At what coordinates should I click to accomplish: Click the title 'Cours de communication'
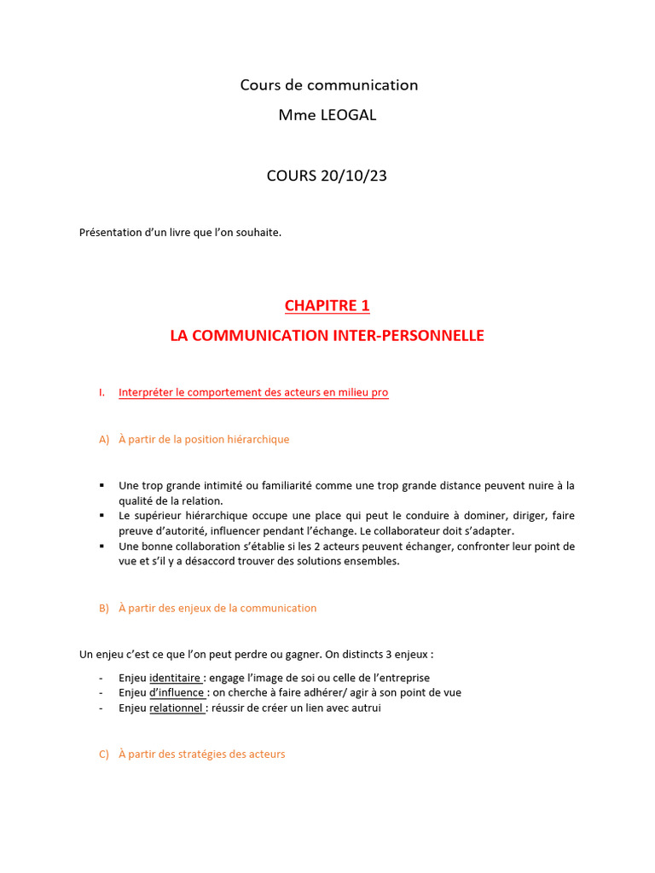(328, 85)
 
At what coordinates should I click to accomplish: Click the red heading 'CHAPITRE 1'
(327, 305)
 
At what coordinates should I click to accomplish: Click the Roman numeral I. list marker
(101, 392)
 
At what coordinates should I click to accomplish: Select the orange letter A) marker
(105, 440)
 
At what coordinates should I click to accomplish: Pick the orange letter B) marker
(105, 609)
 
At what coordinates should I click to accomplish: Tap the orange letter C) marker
(105, 754)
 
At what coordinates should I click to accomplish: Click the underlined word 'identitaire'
(176, 678)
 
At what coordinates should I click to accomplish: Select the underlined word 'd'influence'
(177, 693)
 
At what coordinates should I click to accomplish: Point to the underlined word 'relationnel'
(177, 708)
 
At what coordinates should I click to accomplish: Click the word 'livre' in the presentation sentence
(170, 233)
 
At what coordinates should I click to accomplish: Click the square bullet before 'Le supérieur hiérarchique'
(101, 516)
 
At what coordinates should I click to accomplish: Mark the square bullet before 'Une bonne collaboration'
(101, 546)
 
